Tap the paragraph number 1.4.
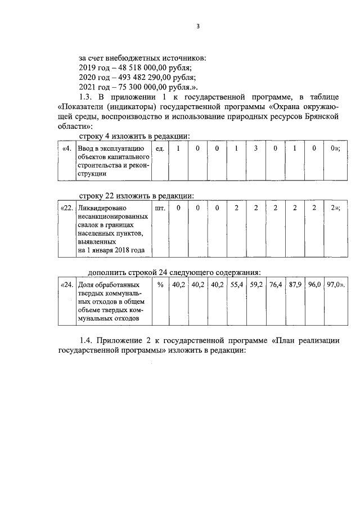click(x=87, y=341)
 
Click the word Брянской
click(x=319, y=118)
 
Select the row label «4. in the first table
click(x=67, y=148)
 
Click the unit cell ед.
click(x=160, y=148)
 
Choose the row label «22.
click(x=67, y=208)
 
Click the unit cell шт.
click(x=160, y=208)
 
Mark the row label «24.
click(x=67, y=285)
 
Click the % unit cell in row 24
click(x=160, y=285)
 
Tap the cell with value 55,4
click(x=236, y=285)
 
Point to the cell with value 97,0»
click(x=335, y=285)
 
